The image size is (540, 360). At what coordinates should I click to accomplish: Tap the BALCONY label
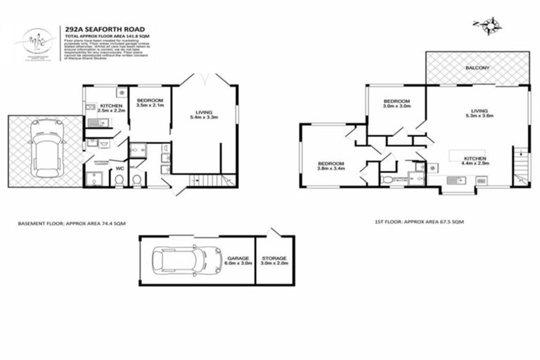coord(477,67)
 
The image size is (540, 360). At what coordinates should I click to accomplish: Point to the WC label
coord(120,169)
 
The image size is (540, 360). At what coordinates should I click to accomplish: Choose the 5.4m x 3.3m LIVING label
coord(204,113)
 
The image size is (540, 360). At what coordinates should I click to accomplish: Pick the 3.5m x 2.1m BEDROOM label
coord(150,103)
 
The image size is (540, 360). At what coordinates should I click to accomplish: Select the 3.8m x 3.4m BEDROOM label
coord(330,166)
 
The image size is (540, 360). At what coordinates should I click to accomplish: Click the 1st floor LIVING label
coord(480,112)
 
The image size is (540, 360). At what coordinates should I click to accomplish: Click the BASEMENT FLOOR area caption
coord(71,223)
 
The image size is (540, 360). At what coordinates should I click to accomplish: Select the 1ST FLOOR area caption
coord(418,221)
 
